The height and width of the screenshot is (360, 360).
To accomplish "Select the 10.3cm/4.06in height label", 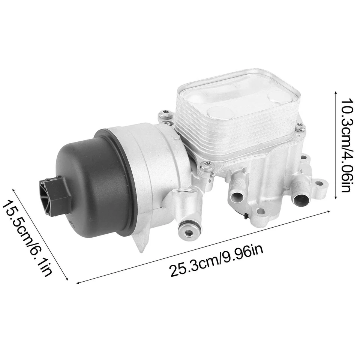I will [345, 144].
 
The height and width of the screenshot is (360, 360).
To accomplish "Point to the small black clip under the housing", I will [245, 216].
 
